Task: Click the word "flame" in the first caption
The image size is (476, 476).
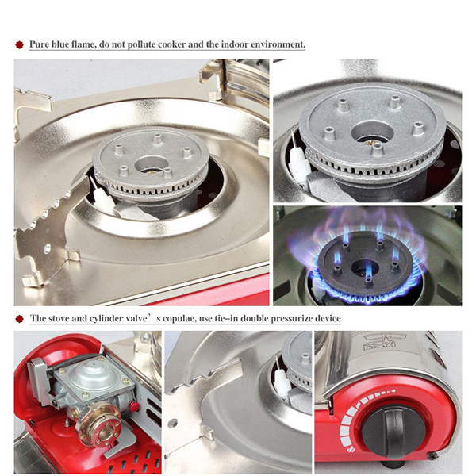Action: coord(84,44)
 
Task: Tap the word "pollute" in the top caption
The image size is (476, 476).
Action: coord(141,44)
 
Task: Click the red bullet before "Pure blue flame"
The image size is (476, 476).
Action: coord(19,45)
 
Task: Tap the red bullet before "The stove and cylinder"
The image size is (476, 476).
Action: coord(19,319)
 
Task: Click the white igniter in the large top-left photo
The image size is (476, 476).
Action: coord(101,198)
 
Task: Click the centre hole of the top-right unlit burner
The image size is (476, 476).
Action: coord(373,133)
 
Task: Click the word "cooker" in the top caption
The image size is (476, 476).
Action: coord(171,44)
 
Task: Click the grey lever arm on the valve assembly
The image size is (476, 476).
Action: coord(40,381)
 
